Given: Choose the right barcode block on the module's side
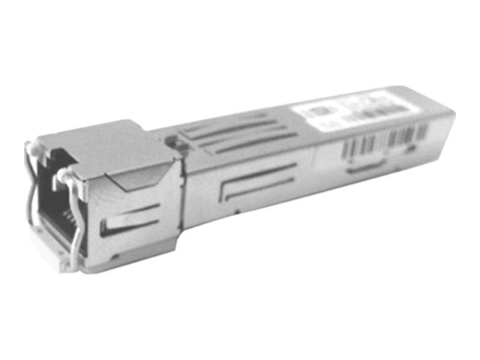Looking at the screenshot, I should (x=408, y=133).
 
